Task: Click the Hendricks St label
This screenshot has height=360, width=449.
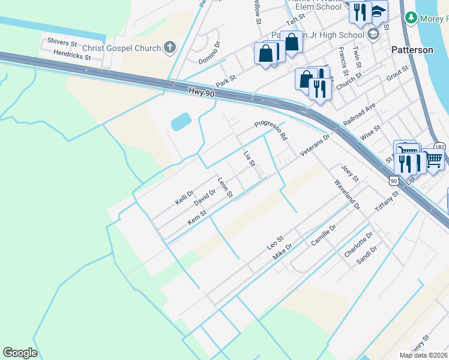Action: (71, 55)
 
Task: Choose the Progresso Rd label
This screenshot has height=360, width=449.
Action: (271, 130)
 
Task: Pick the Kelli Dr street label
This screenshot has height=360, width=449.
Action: (184, 197)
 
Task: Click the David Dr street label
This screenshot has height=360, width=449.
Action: (204, 196)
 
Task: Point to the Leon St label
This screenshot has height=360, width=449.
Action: (225, 187)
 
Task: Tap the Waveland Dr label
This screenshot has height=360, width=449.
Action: (346, 194)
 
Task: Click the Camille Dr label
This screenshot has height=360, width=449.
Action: (324, 235)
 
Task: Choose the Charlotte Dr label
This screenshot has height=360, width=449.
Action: (358, 245)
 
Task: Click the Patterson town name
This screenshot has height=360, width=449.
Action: (412, 50)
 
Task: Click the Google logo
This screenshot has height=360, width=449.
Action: (20, 353)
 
